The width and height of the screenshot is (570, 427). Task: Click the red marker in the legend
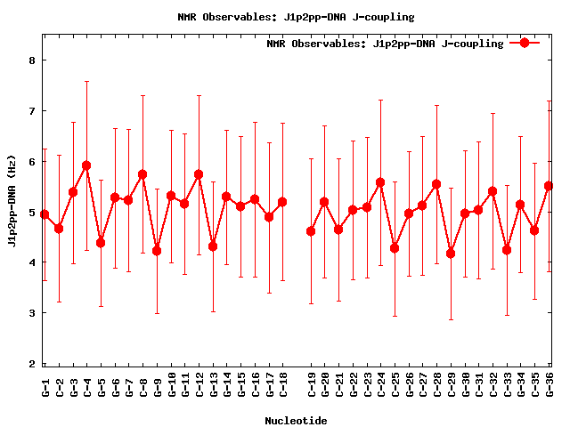pyautogui.click(x=525, y=43)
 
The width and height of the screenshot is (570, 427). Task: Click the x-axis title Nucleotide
pyautogui.click(x=296, y=420)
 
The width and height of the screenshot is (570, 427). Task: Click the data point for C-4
pyautogui.click(x=86, y=165)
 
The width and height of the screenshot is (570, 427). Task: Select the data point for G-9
pyautogui.click(x=157, y=251)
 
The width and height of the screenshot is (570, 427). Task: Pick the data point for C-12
pyautogui.click(x=199, y=174)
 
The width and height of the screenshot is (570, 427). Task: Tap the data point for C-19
pyautogui.click(x=311, y=231)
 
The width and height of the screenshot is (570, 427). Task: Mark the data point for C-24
pyautogui.click(x=380, y=182)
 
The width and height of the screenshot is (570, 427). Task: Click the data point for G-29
pyautogui.click(x=451, y=254)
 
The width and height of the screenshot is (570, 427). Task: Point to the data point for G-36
pyautogui.click(x=549, y=186)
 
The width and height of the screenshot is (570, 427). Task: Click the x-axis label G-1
pyautogui.click(x=45, y=386)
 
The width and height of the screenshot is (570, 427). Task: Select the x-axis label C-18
pyautogui.click(x=282, y=386)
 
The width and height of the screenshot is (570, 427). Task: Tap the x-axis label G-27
pyautogui.click(x=423, y=386)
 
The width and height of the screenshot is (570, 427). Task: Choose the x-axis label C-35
pyautogui.click(x=534, y=386)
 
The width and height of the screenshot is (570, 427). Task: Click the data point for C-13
pyautogui.click(x=213, y=246)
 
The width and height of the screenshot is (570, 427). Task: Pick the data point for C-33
pyautogui.click(x=507, y=250)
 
